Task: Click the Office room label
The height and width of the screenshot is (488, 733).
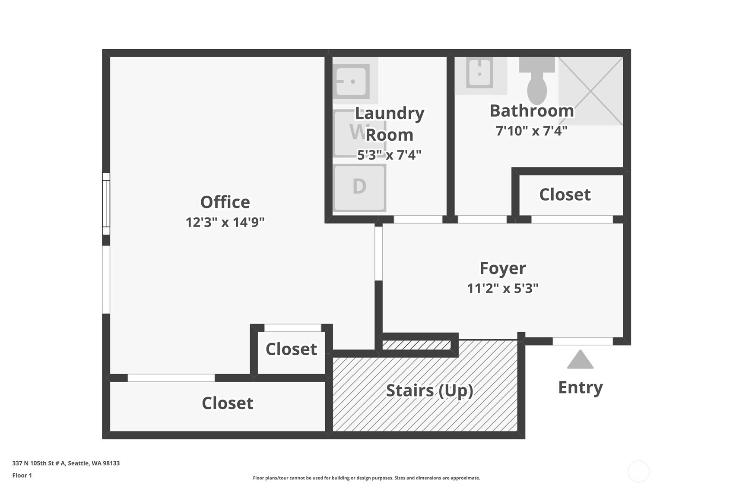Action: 225,202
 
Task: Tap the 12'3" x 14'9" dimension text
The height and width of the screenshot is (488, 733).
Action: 225,222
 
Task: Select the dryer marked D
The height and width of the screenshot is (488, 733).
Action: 359,188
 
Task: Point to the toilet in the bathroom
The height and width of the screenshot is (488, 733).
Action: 537,80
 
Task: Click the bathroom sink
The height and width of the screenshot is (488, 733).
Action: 479,73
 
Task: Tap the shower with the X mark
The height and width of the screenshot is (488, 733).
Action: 590,91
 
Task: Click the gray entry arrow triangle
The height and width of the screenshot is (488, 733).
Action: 580,359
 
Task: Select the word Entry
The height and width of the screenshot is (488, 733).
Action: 580,387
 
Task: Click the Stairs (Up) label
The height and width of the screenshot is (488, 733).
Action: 430,390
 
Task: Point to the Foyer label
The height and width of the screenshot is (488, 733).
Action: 503,268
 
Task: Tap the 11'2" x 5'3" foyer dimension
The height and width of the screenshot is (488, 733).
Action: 503,288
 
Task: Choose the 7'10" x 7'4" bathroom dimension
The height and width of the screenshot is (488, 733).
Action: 531,131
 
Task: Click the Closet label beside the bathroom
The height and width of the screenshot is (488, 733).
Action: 565,195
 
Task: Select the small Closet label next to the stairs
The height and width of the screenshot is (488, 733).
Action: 291,349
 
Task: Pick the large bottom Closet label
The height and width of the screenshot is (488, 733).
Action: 228,403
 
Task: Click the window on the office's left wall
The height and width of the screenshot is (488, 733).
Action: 106,203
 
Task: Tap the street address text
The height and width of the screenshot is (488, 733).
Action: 66,463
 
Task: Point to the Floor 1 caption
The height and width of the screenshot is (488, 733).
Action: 22,475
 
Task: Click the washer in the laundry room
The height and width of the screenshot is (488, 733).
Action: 359,133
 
